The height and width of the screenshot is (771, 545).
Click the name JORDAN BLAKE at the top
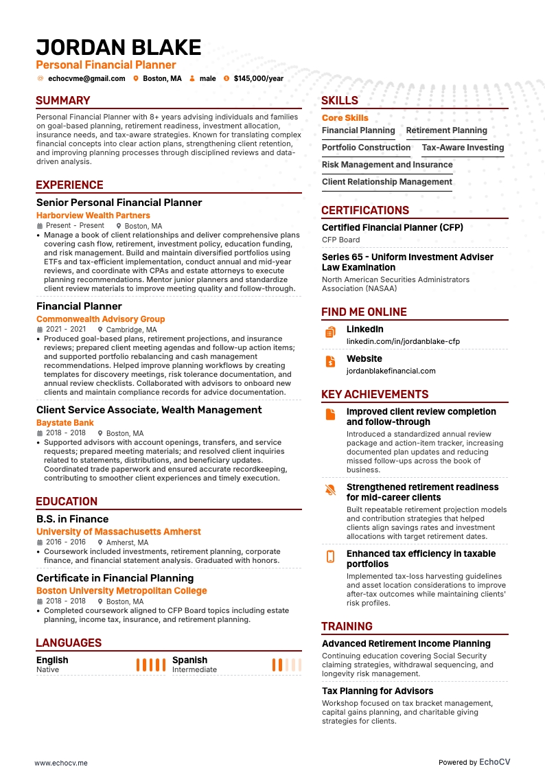click(x=119, y=47)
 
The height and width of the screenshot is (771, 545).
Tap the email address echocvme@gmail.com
click(x=86, y=79)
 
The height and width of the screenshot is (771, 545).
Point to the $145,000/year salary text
click(x=258, y=79)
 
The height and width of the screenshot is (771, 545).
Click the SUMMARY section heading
click(x=63, y=101)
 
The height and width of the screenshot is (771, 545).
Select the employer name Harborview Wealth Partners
click(x=93, y=216)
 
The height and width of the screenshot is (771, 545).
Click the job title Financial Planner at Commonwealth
click(x=79, y=306)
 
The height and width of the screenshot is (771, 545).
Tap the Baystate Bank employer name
click(x=65, y=423)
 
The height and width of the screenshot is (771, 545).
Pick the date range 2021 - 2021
click(x=66, y=330)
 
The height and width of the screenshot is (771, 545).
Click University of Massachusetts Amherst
click(x=119, y=531)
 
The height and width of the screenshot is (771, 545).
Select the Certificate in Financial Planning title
click(x=115, y=578)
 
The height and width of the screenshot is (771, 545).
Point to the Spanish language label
click(x=189, y=660)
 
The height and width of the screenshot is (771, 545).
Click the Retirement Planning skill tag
click(x=446, y=130)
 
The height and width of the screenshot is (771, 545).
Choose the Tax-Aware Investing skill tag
click(x=463, y=148)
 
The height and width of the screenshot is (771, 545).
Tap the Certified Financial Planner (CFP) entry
click(x=393, y=227)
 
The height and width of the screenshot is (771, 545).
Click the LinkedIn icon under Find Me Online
click(x=330, y=332)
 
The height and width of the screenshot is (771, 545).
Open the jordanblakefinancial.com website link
click(x=391, y=371)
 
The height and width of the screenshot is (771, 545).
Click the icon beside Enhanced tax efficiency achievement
click(x=330, y=556)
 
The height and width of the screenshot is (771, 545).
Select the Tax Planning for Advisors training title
click(x=378, y=691)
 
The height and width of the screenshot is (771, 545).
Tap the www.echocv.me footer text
click(x=61, y=744)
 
